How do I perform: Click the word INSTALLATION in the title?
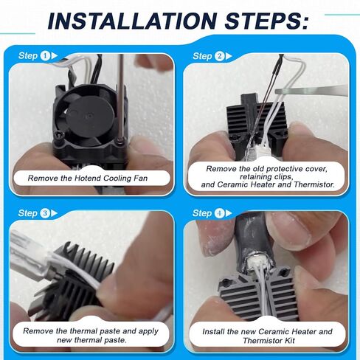coord(132,21)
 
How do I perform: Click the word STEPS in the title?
coord(266,21)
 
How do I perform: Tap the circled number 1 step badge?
coord(45,56)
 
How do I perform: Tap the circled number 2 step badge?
coord(219,56)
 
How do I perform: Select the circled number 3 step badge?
coord(45,213)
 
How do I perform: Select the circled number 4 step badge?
coord(219,213)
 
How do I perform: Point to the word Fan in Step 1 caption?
coord(141,178)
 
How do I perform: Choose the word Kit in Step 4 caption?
coord(289,341)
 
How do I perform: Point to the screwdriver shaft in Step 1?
coord(121,97)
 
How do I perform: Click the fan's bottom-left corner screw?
coord(60,135)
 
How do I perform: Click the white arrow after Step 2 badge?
coord(229,56)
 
